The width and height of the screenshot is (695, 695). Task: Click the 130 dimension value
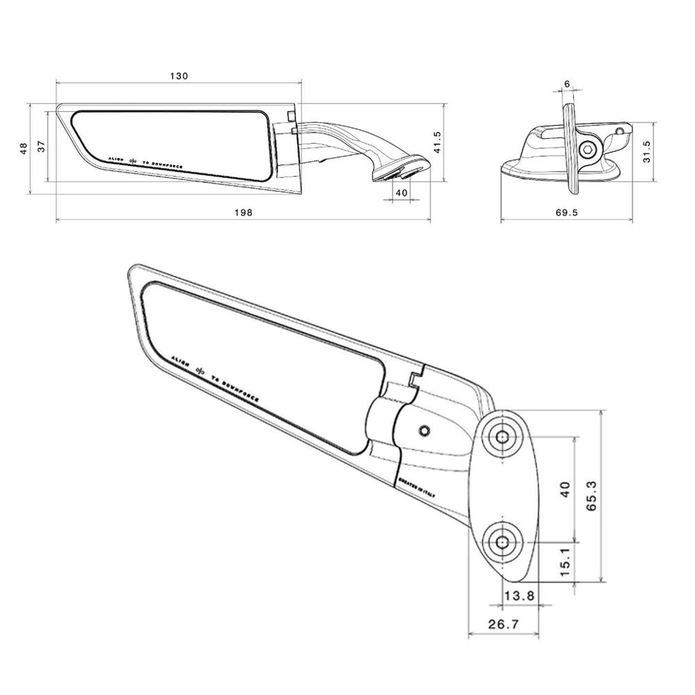point(179,76)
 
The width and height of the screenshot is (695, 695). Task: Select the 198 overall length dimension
point(243,212)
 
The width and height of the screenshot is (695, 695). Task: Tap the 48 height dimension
point(24,148)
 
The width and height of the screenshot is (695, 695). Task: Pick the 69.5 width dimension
point(566,213)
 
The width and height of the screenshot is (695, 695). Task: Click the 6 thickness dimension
point(567,84)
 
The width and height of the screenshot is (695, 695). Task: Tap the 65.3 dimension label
point(591,495)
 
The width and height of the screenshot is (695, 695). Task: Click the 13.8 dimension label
point(520,596)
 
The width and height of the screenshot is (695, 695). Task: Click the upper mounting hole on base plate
point(502,437)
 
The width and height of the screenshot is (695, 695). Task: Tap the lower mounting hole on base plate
point(502,542)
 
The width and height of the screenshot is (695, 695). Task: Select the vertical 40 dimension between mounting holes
point(565,489)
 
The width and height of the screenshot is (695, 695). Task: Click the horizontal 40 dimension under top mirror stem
point(401,192)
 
